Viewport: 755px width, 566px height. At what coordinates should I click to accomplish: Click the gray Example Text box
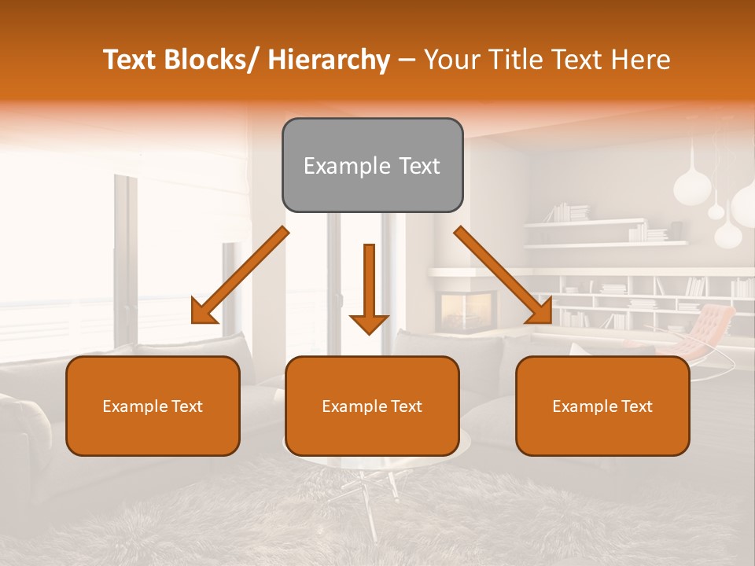point(372,165)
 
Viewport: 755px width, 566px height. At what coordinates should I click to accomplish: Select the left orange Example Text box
point(153,406)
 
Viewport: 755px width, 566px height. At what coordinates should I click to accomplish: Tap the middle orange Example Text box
point(372,406)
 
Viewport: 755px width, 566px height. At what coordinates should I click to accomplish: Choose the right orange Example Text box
point(602,406)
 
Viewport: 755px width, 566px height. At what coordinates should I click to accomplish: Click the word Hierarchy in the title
point(329,60)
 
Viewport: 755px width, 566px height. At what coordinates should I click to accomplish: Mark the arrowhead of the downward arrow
point(369,323)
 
